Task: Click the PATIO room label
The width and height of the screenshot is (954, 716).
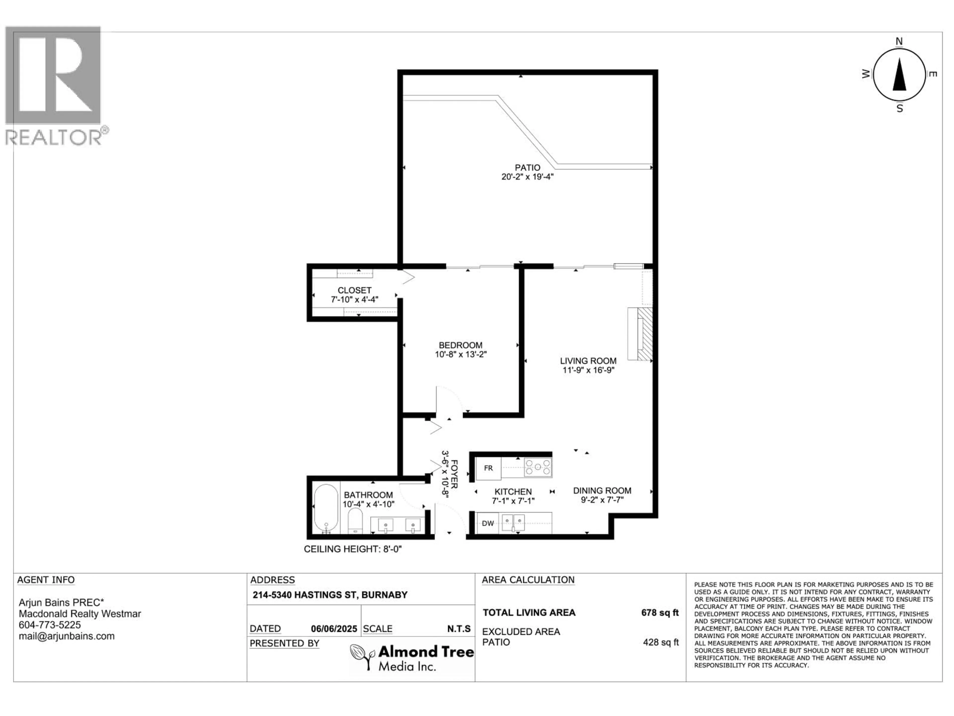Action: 527,168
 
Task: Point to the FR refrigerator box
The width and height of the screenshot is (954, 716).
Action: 488,468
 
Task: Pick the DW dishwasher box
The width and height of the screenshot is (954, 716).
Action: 488,524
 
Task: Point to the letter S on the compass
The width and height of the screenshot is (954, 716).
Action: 900,109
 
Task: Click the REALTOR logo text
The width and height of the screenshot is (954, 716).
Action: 54,137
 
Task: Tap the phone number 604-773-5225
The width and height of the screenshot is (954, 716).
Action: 50,625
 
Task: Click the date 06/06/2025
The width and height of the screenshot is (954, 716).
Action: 334,629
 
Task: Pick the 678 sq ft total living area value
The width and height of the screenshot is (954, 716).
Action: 659,612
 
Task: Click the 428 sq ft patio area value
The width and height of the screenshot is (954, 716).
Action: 660,642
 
